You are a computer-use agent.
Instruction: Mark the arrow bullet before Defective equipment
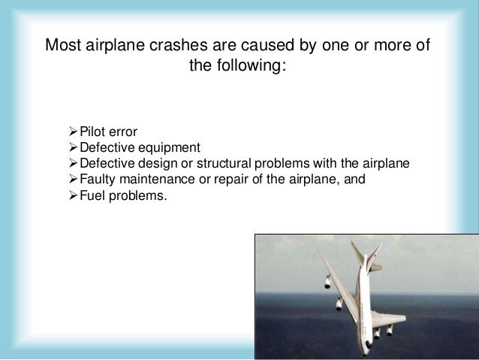(72, 147)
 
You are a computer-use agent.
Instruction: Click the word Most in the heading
(62, 46)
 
